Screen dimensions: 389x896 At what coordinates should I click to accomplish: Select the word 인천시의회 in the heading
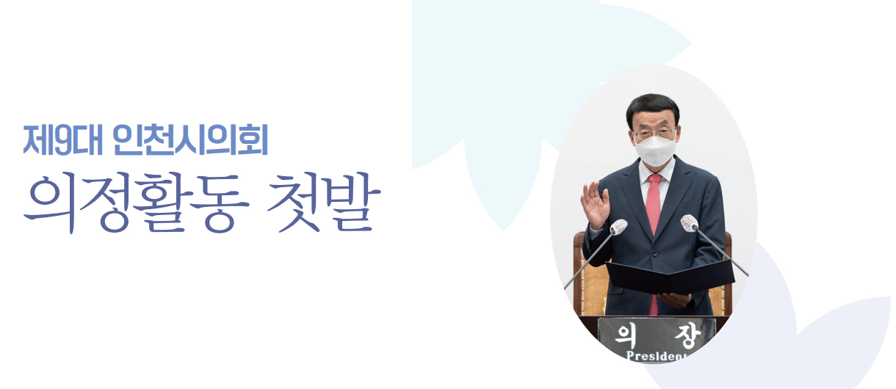click(x=191, y=142)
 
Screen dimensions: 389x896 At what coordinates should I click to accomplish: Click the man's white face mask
click(x=655, y=148)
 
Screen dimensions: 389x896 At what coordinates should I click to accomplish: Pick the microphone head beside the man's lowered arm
click(x=689, y=223)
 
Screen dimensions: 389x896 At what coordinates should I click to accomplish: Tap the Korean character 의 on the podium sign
click(x=625, y=334)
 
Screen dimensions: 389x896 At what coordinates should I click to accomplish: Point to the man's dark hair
click(x=652, y=105)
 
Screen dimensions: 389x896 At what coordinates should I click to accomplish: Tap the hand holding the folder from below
click(x=674, y=299)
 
